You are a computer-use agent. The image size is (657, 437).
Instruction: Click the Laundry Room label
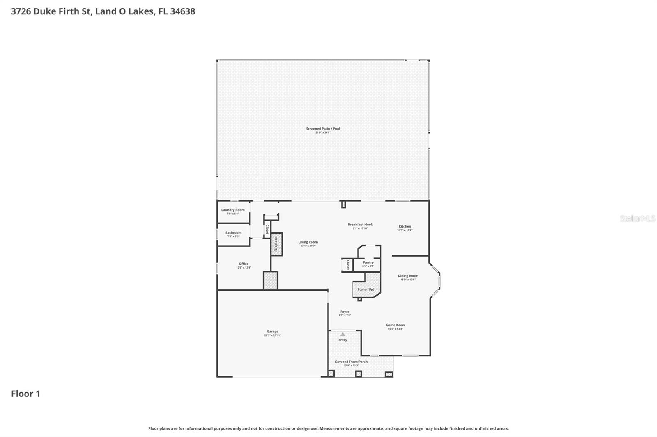233,210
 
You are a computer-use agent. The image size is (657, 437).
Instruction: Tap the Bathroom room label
233,233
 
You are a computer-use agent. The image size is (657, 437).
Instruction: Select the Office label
244,264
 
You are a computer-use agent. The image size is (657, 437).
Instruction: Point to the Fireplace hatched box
276,245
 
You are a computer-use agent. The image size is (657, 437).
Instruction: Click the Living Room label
308,242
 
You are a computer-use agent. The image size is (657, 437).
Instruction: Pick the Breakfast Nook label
360,225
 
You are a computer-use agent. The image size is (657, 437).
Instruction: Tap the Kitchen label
404,226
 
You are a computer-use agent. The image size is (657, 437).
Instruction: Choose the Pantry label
368,262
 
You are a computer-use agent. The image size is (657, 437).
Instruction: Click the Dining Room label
408,276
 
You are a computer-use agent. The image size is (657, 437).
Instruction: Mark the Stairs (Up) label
365,289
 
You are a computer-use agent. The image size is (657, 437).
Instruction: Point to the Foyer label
345,312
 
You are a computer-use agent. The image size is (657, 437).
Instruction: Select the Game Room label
395,325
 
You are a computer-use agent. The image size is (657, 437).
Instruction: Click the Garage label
272,332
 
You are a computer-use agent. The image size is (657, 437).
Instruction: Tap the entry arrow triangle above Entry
343,335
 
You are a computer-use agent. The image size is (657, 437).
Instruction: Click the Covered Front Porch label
351,362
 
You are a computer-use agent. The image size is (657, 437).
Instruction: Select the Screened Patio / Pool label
323,129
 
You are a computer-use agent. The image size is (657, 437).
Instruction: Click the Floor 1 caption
25,394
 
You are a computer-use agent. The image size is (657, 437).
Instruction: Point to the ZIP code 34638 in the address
182,11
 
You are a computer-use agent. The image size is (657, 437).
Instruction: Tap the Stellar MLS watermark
637,218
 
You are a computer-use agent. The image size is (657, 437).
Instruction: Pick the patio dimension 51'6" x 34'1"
323,133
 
